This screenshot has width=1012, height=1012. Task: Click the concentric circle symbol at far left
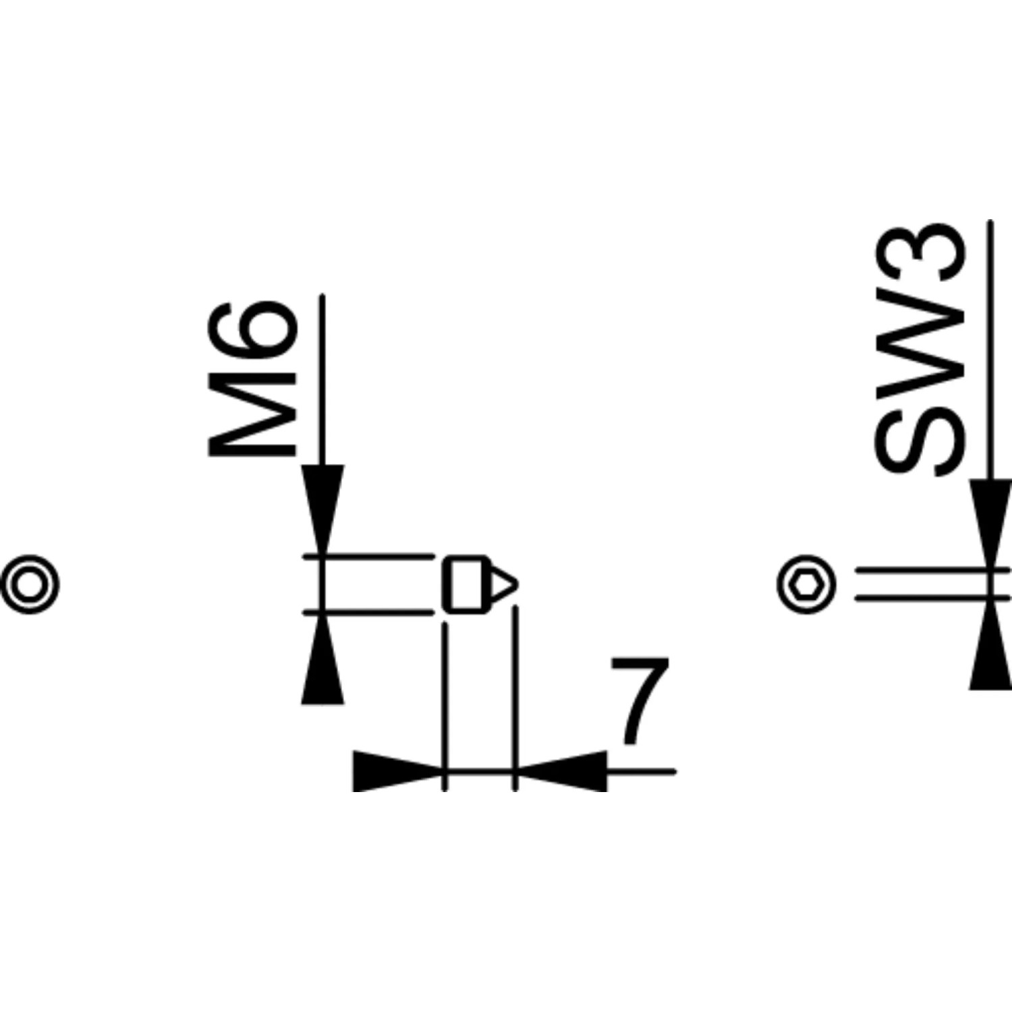pos(30,584)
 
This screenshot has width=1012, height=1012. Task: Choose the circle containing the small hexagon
pos(806,585)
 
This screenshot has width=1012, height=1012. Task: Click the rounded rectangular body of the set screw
pos(465,584)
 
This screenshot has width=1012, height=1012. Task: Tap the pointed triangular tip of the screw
pos(503,584)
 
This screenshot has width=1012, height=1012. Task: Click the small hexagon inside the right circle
pos(806,585)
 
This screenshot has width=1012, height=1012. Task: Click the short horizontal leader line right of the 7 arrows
pos(641,769)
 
